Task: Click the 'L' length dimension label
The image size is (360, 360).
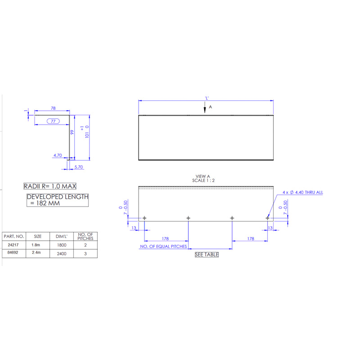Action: pyautogui.click(x=207, y=98)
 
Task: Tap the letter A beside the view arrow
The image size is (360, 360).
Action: pyautogui.click(x=210, y=108)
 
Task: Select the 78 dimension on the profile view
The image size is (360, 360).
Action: pyautogui.click(x=53, y=108)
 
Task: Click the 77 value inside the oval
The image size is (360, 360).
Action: pyautogui.click(x=54, y=121)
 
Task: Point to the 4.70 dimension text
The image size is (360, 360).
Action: pyautogui.click(x=58, y=155)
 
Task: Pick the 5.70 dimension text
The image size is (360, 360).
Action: pyautogui.click(x=78, y=166)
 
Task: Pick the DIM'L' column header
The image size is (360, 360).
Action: pyautogui.click(x=62, y=236)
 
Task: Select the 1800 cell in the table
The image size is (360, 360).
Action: pyautogui.click(x=62, y=245)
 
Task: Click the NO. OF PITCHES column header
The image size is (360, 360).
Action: pyautogui.click(x=85, y=236)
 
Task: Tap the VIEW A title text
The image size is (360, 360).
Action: pyautogui.click(x=203, y=176)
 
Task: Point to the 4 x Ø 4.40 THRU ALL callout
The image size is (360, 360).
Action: pyautogui.click(x=302, y=192)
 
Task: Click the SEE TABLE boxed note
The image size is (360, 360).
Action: pyautogui.click(x=207, y=255)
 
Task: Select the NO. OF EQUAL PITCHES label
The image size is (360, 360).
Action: pyautogui.click(x=163, y=247)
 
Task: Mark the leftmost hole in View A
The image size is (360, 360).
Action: pyautogui.click(x=144, y=218)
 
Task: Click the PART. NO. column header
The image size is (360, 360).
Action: pyautogui.click(x=13, y=236)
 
